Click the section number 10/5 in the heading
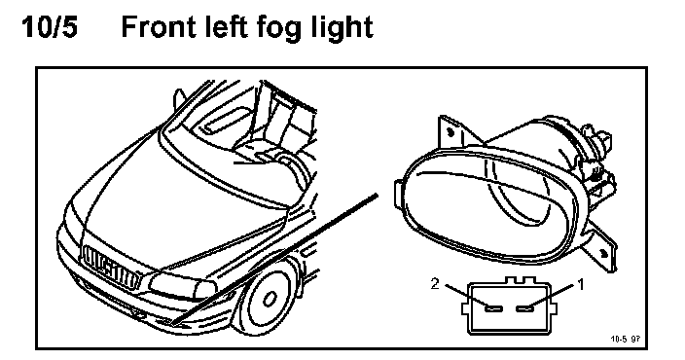point(50,26)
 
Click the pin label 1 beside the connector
point(581,285)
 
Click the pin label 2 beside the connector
point(435,284)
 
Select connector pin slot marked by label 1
point(524,308)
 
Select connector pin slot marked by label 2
point(494,308)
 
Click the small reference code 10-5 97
point(625,339)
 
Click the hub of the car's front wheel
point(269,300)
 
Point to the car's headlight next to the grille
point(182,287)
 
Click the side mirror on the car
point(179,98)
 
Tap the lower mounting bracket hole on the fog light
point(603,253)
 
